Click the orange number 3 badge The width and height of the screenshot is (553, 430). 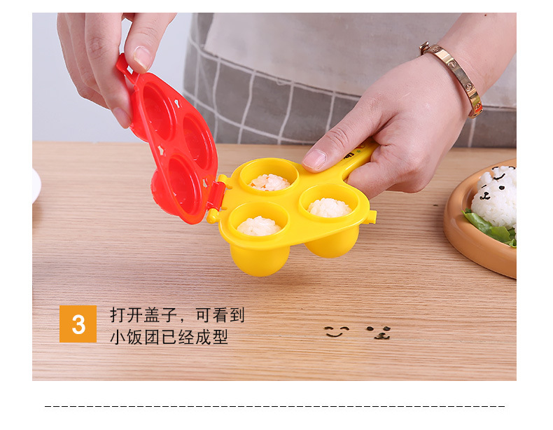point(78,324)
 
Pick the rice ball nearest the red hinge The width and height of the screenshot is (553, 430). point(258,226)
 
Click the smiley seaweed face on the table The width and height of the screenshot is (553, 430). point(336,331)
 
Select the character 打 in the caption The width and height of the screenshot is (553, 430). point(118,315)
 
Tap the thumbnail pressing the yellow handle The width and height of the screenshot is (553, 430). point(314,159)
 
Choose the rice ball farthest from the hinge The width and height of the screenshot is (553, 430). point(329,207)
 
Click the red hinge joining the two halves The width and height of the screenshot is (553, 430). point(216,194)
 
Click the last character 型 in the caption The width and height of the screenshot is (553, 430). point(220,337)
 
